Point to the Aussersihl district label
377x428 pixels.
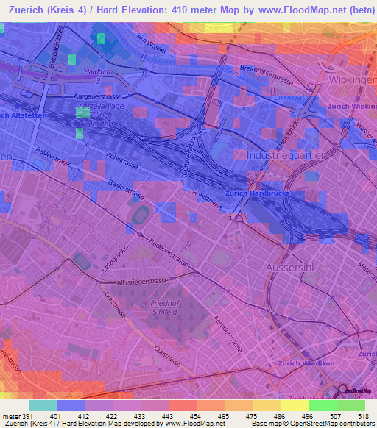(294, 267)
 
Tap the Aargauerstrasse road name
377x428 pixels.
(96, 96)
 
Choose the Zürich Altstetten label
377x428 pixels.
(22, 115)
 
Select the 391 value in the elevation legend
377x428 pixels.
(27, 417)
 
